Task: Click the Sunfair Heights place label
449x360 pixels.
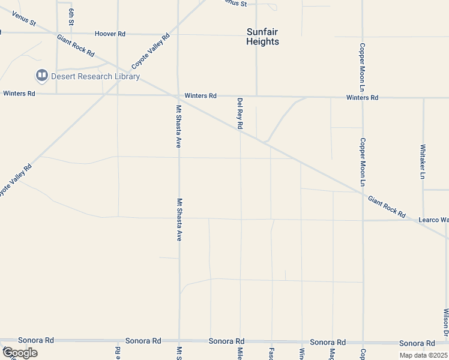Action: tap(263, 37)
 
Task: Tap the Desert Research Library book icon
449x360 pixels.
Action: tap(41, 76)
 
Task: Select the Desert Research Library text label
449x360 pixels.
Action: tap(95, 76)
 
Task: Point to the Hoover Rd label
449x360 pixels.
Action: tap(109, 34)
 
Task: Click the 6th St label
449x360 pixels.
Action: tap(71, 17)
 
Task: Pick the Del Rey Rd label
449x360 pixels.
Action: tap(240, 113)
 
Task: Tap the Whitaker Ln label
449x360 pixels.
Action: tap(423, 161)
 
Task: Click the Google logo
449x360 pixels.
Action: tap(20, 353)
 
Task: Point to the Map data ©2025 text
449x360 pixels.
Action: tap(424, 355)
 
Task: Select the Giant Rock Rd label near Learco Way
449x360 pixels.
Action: tap(387, 206)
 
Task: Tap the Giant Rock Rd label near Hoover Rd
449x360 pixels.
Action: tap(76, 46)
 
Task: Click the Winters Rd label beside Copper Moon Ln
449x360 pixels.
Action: tap(362, 97)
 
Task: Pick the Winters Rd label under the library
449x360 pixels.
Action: tap(19, 94)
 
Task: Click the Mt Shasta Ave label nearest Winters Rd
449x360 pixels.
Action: tap(178, 127)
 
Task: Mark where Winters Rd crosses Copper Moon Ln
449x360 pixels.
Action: tap(363, 97)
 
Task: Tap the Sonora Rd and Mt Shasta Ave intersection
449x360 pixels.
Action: tap(179, 340)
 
